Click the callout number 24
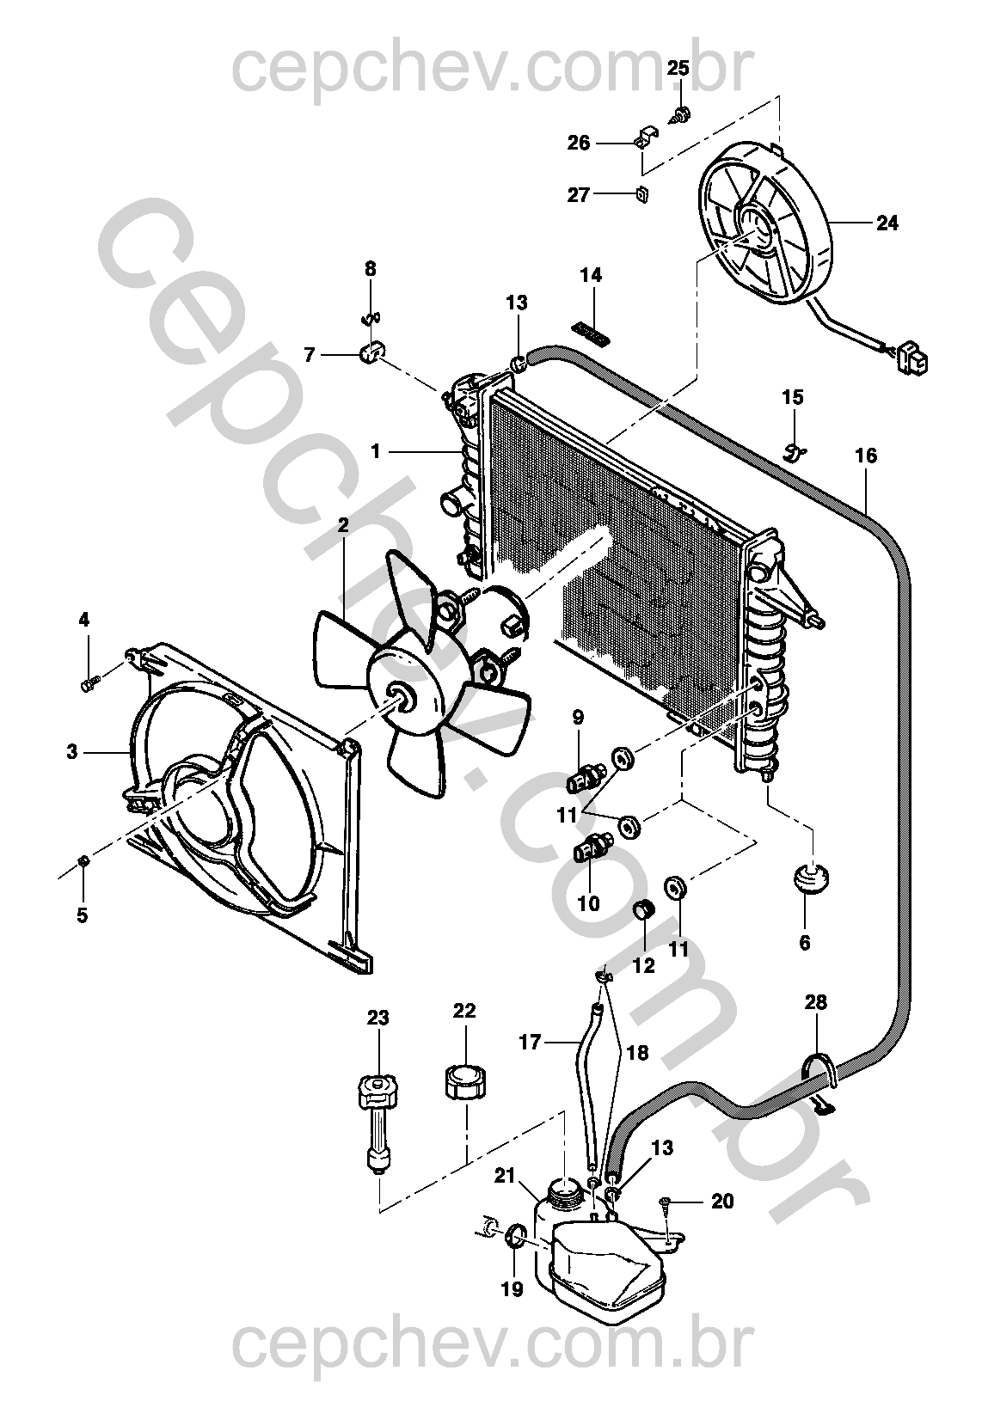point(887,223)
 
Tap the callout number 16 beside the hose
point(866,456)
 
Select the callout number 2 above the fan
point(343,525)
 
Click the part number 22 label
point(464,1011)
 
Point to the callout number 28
point(815,1002)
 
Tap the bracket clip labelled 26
point(646,138)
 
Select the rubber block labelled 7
point(371,352)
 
